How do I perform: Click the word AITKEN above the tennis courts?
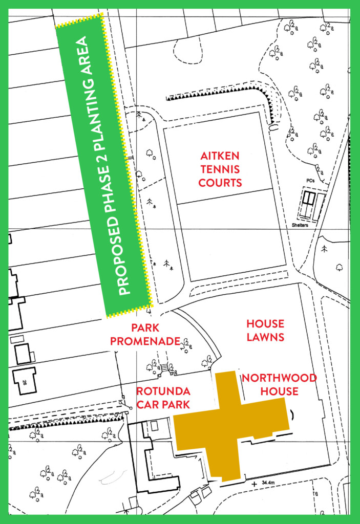(221, 156)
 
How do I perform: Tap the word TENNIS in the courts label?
(221, 169)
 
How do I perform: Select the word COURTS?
(221, 182)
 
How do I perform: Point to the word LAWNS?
(265, 338)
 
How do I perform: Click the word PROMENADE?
(145, 341)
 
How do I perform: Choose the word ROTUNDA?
(163, 391)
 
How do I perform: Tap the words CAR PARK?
(163, 405)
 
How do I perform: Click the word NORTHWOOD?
(279, 378)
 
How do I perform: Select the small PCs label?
(310, 181)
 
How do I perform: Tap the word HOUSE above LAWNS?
(265, 324)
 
